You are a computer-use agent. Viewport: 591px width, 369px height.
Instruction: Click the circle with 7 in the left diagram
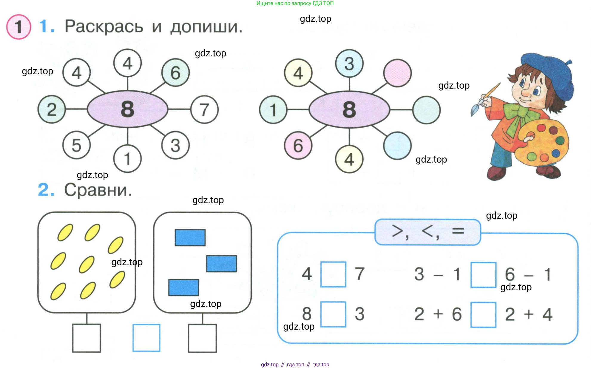204,109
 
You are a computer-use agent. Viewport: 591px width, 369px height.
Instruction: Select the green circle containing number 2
52,109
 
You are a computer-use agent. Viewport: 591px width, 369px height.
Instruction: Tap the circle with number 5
76,145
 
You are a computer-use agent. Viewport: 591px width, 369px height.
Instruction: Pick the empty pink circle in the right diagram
397,73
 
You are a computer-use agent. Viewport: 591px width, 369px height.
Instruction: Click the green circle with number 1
273,109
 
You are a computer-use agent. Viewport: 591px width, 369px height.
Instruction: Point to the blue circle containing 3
349,64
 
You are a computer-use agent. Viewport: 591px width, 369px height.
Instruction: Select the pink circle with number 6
298,146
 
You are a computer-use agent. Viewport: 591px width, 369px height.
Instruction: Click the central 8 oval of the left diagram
128,109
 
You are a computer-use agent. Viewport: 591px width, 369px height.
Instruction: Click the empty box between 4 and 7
333,274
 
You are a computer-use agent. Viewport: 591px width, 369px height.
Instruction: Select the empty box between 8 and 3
333,314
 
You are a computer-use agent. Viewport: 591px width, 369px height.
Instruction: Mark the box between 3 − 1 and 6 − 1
483,275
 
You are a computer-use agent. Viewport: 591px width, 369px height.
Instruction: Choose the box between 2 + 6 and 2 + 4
483,315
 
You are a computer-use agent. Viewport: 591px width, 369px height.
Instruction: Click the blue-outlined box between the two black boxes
146,338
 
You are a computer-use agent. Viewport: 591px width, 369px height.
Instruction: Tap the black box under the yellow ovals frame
87,338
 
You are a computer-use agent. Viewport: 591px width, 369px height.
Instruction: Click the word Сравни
98,190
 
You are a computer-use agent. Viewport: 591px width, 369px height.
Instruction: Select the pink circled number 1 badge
19,27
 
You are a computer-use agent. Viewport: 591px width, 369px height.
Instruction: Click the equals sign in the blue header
458,231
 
